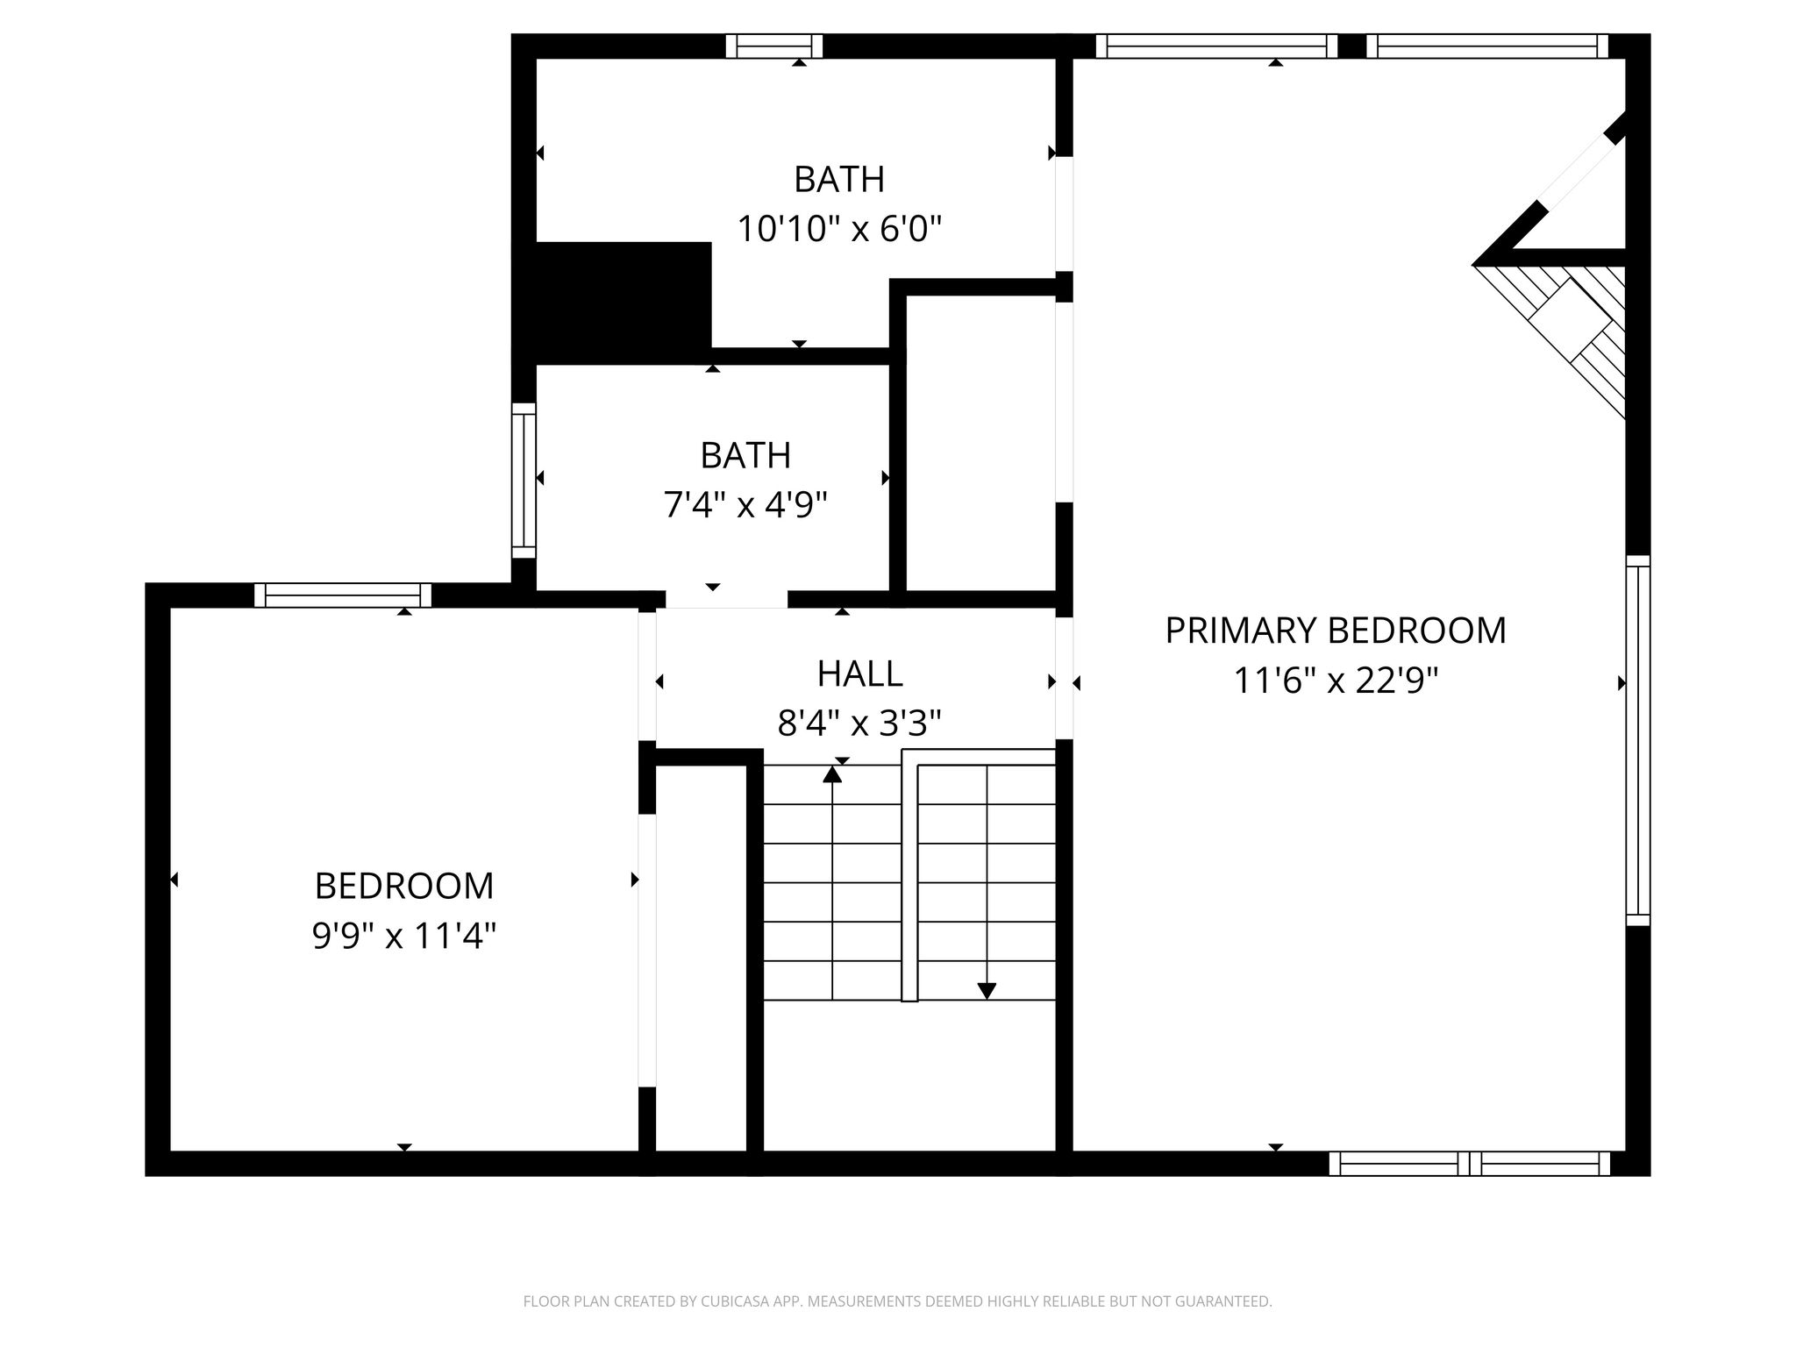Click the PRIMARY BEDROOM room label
1335,631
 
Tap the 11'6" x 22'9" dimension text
1336,681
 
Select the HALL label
859,673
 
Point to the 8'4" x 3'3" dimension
859,723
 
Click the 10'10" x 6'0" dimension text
839,230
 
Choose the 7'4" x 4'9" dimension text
745,505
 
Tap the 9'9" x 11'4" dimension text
404,936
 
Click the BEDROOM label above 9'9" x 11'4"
404,886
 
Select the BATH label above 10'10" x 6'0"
839,180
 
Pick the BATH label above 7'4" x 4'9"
745,455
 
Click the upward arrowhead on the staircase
832,773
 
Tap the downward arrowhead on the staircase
987,991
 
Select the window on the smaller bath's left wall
524,481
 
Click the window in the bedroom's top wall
343,595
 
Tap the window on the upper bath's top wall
774,46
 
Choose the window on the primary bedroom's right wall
1638,741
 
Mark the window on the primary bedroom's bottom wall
1470,1164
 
